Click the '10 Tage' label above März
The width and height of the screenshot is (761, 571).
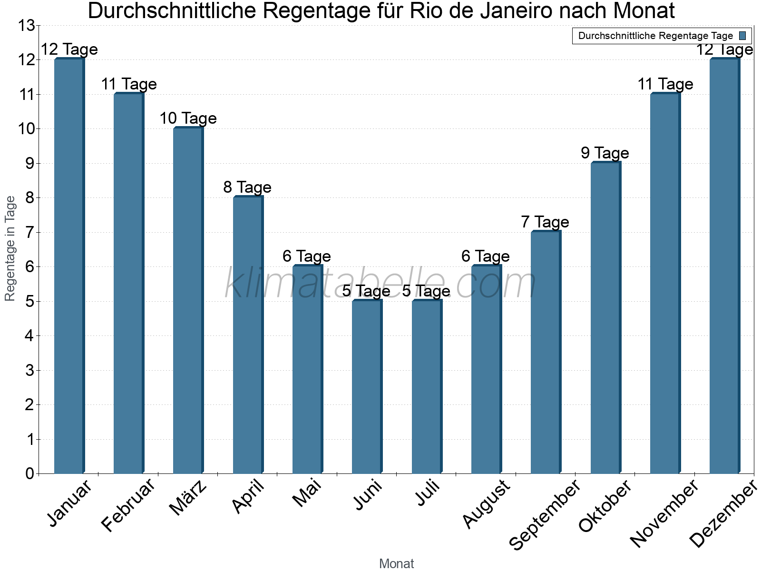(x=188, y=118)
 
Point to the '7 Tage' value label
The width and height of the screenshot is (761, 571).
(x=545, y=222)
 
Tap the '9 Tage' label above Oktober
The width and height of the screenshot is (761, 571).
(x=605, y=153)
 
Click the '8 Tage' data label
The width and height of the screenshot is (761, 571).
(x=247, y=187)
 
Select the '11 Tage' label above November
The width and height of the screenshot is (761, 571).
(x=665, y=84)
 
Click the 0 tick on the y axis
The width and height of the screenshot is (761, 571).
(x=30, y=473)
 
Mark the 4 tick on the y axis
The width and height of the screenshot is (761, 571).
(x=30, y=335)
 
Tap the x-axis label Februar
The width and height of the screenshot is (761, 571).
(x=128, y=505)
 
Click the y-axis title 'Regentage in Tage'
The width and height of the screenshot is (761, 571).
(x=10, y=248)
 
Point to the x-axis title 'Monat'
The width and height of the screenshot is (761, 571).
(x=396, y=563)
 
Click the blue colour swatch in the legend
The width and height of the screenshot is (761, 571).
(x=743, y=36)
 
